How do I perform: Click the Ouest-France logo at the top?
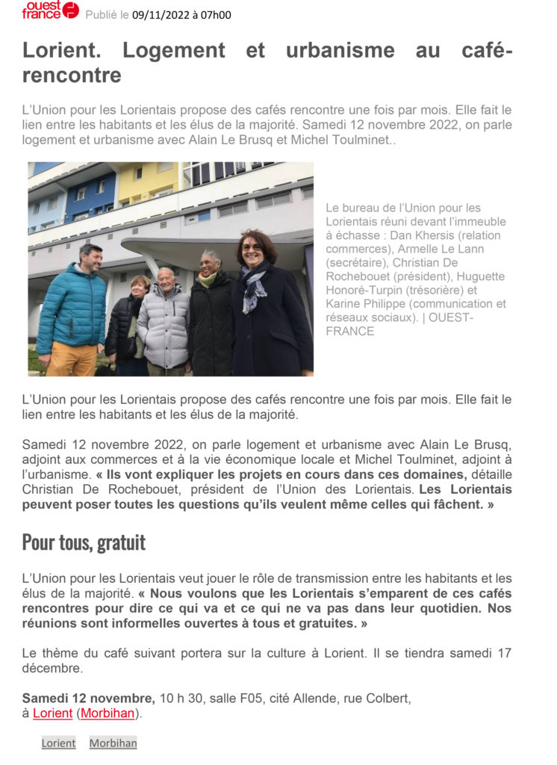coord(50,10)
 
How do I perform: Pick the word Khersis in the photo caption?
coord(460,235)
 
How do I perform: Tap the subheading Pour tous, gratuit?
coord(84,542)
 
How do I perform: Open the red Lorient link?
coord(52,713)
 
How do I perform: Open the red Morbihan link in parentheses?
coord(108,713)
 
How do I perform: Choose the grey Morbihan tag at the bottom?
coord(113,743)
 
